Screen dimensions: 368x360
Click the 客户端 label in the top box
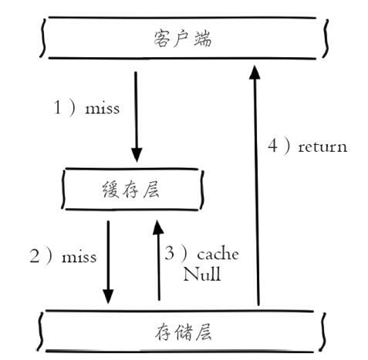(183, 39)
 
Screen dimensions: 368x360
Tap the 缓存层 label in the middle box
(131, 190)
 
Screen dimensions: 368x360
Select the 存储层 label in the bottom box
(183, 331)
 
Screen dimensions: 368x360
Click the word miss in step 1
(103, 109)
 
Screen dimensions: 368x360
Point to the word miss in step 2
(79, 257)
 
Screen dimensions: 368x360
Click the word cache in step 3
(218, 254)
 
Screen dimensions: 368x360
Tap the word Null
(202, 274)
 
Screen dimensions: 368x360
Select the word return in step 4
(322, 147)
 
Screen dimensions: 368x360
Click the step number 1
(58, 107)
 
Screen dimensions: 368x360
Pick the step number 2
(35, 256)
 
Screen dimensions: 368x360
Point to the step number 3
(170, 253)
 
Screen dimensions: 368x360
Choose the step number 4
(273, 146)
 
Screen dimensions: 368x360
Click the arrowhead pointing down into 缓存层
(137, 155)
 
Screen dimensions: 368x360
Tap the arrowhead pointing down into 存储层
(108, 296)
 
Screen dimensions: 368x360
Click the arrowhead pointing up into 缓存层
(158, 227)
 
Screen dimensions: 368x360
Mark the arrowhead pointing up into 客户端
(255, 72)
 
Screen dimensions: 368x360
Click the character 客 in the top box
(162, 39)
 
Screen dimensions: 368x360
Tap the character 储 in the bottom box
(184, 332)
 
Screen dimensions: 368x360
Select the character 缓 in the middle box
(110, 190)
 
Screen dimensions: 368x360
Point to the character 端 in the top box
(203, 39)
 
